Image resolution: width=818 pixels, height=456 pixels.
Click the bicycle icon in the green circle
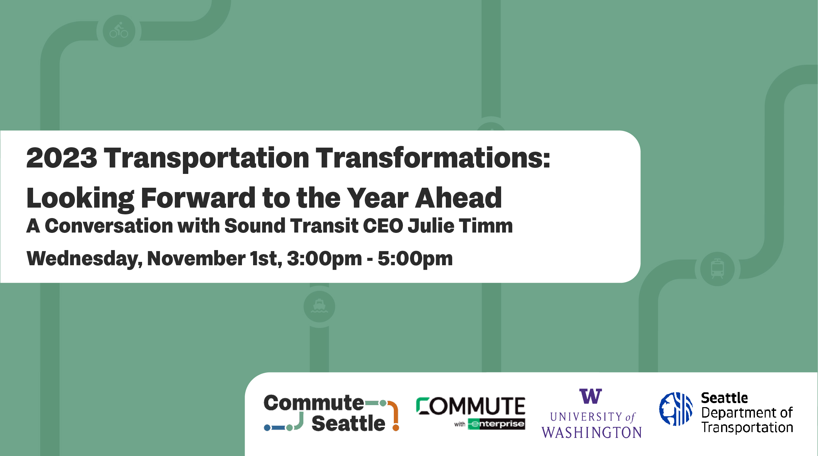(x=119, y=31)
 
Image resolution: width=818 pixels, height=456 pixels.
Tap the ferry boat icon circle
(x=319, y=307)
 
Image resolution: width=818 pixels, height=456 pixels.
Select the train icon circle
(x=717, y=269)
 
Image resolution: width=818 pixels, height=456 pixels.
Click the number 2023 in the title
(x=62, y=158)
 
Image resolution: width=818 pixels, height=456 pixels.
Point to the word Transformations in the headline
(x=433, y=158)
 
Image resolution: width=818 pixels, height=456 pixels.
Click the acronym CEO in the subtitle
(x=383, y=225)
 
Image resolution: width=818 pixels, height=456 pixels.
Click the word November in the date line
(x=196, y=259)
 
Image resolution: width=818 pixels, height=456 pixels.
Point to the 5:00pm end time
(x=415, y=259)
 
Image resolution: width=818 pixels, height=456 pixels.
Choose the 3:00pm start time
(x=324, y=259)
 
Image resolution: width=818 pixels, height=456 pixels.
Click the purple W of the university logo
(x=591, y=396)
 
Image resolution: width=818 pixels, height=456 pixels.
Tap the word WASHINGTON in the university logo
(x=592, y=432)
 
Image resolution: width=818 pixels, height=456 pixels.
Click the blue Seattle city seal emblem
(x=676, y=409)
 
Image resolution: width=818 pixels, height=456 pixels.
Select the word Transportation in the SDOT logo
(x=747, y=427)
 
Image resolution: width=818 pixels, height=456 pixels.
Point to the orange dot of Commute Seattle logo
(x=396, y=428)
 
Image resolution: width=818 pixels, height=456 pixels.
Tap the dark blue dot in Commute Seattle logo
(x=267, y=428)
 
